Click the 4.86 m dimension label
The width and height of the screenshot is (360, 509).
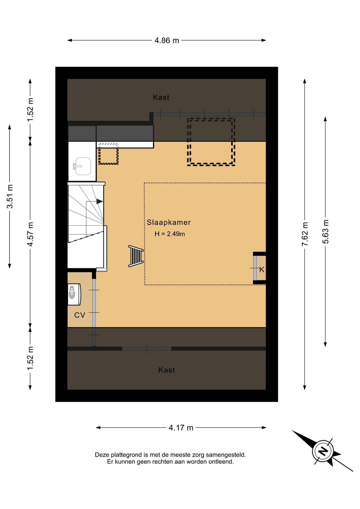167,40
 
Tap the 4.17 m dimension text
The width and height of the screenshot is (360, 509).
181,428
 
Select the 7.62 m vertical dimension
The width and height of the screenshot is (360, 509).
305,234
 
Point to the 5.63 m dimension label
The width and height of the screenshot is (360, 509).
325,231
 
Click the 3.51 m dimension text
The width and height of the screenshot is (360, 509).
10,196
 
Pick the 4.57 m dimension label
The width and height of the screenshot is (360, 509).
30,234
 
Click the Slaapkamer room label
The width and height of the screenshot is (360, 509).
169,222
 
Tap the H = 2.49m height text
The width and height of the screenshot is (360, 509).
170,234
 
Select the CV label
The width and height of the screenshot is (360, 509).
80,315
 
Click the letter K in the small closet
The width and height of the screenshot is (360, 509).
262,270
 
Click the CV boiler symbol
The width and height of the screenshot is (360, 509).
74,294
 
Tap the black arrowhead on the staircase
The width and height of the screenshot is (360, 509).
100,201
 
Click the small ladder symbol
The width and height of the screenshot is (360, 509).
136,256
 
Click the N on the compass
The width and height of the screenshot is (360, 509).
323,451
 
